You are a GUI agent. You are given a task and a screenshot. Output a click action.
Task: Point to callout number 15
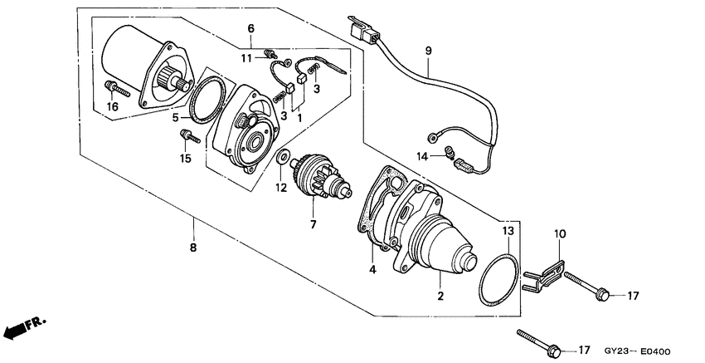pyautogui.click(x=185, y=158)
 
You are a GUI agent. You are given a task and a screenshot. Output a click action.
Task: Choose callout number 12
pyautogui.click(x=281, y=188)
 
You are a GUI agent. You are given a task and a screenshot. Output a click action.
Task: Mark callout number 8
pyautogui.click(x=194, y=247)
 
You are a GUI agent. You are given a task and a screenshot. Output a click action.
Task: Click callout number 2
pyautogui.click(x=440, y=296)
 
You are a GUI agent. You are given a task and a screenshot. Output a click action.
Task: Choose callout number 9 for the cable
pyautogui.click(x=429, y=52)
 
